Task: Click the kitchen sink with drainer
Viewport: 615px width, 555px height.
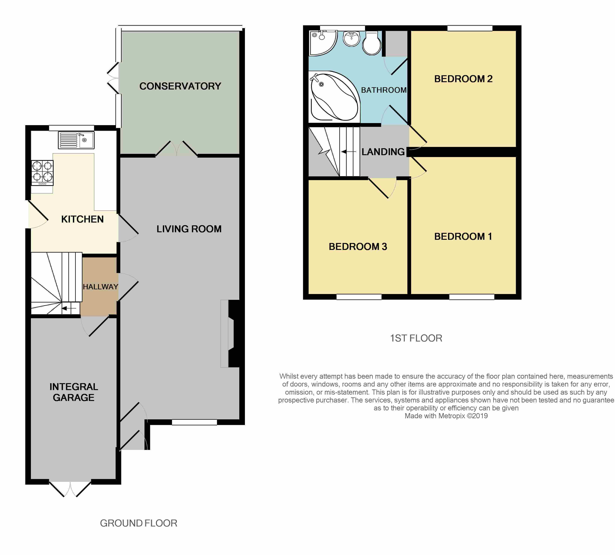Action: coord(76,140)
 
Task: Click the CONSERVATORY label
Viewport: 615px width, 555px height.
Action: coord(180,86)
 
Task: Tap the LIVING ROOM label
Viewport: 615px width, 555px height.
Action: coord(189,229)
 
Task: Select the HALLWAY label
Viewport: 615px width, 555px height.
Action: coord(100,287)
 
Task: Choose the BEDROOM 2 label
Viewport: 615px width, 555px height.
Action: coord(463,79)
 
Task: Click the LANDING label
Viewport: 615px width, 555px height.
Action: coord(383,152)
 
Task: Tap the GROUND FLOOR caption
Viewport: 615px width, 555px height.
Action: coord(139,523)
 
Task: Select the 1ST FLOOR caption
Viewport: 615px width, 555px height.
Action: coord(416,338)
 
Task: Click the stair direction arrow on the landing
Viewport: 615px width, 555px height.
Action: coord(349,152)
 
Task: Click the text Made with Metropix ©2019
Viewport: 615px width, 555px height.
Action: coord(446,416)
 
